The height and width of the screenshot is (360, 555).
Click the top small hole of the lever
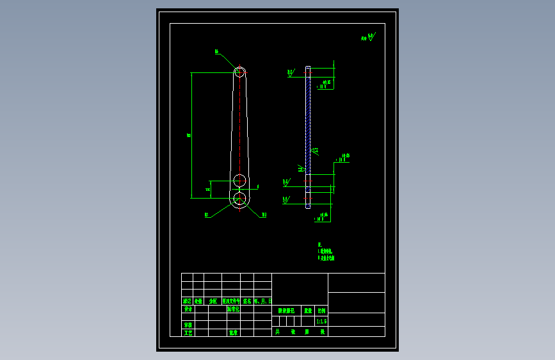pyautogui.click(x=240, y=72)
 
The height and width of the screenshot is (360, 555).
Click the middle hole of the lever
pyautogui.click(x=239, y=180)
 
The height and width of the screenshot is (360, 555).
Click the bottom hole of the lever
pyautogui.click(x=239, y=199)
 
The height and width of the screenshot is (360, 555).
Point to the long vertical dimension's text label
pyautogui.click(x=189, y=135)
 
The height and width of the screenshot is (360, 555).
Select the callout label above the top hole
pyautogui.click(x=216, y=51)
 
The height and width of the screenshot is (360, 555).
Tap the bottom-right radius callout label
pyautogui.click(x=263, y=215)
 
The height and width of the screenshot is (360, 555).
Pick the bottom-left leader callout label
pyautogui.click(x=206, y=215)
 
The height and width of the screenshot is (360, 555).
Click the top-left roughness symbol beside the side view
pyautogui.click(x=291, y=73)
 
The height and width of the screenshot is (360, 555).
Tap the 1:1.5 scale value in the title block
pyautogui.click(x=321, y=321)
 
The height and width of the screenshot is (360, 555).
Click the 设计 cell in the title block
pyautogui.click(x=188, y=309)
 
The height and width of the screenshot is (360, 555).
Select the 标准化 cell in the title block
pyautogui.click(x=233, y=309)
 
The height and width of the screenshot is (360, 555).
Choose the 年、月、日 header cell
pyautogui.click(x=263, y=300)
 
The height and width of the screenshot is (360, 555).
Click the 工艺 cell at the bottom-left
pyautogui.click(x=188, y=332)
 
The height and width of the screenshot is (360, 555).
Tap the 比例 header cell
pyautogui.click(x=321, y=310)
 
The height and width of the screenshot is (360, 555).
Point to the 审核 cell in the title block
pyautogui.click(x=188, y=325)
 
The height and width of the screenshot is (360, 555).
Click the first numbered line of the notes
pyautogui.click(x=326, y=252)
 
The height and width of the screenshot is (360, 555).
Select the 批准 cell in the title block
pyautogui.click(x=233, y=332)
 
